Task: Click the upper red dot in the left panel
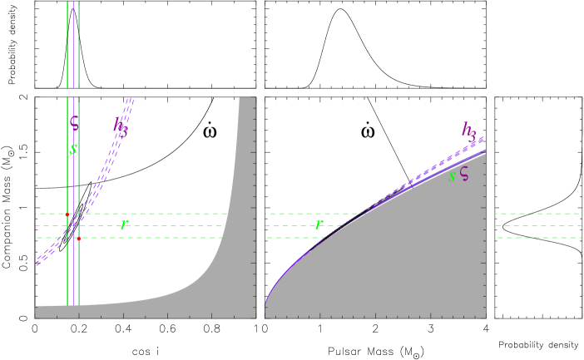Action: coord(67,214)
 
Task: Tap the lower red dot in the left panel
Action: coord(78,239)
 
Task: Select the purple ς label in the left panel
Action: coord(74,123)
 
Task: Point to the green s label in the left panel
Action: coord(74,149)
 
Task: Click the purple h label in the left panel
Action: coord(121,126)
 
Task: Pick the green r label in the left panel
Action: coord(124,223)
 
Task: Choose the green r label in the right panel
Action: coord(319,224)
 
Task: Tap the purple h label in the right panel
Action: coord(469,130)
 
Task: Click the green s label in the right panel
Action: coord(452,175)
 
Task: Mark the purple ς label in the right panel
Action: coord(464,174)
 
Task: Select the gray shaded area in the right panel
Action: coord(399,266)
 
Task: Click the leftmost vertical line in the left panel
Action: coord(67,50)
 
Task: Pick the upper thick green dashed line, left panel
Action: coord(166,214)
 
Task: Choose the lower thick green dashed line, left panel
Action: coord(166,238)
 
